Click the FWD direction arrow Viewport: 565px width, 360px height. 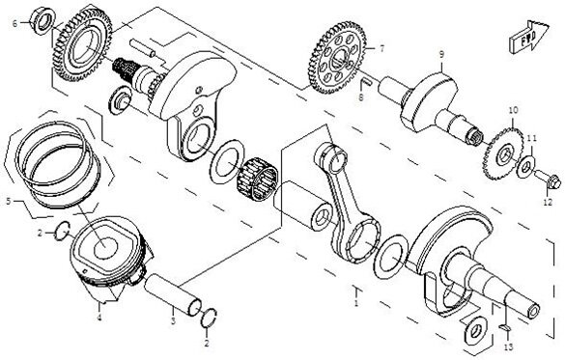click(x=529, y=37)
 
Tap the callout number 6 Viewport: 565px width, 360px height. click(x=14, y=24)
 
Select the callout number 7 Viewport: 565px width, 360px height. click(x=381, y=48)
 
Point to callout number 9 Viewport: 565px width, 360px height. click(x=441, y=54)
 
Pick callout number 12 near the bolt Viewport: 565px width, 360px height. click(x=548, y=203)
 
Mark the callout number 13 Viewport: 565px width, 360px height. click(x=508, y=347)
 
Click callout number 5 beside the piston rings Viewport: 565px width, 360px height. click(x=9, y=202)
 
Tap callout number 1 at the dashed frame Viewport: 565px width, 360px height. click(x=356, y=302)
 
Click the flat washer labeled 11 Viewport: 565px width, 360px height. click(x=525, y=167)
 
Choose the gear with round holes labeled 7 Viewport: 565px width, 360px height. click(x=337, y=58)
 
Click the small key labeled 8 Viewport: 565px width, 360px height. click(x=366, y=82)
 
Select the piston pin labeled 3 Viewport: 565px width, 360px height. click(x=173, y=295)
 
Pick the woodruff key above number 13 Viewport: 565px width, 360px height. click(x=505, y=327)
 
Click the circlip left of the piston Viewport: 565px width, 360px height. click(x=62, y=231)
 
